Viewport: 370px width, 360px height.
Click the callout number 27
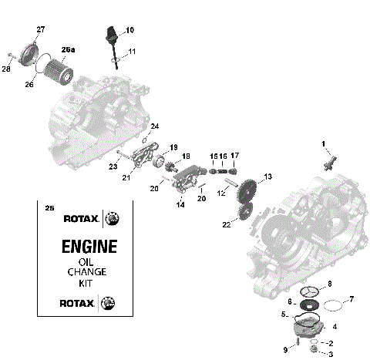pyautogui.click(x=41, y=29)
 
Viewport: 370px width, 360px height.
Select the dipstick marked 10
pyautogui.click(x=110, y=39)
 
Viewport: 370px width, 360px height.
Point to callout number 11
pyautogui.click(x=133, y=51)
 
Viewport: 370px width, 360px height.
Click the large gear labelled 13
pyautogui.click(x=247, y=190)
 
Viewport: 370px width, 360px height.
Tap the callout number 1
pyautogui.click(x=324, y=143)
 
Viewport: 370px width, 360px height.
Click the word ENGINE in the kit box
pyautogui.click(x=89, y=247)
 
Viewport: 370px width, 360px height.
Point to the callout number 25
pyautogui.click(x=50, y=208)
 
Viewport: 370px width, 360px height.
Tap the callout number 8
pyautogui.click(x=329, y=284)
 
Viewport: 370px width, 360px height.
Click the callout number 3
pyautogui.click(x=331, y=355)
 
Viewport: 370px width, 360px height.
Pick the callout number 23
pyautogui.click(x=113, y=165)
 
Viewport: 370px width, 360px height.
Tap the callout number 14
pyautogui.click(x=180, y=205)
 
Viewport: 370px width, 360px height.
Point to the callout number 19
pyautogui.click(x=173, y=146)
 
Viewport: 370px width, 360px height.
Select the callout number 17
pyautogui.click(x=234, y=156)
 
